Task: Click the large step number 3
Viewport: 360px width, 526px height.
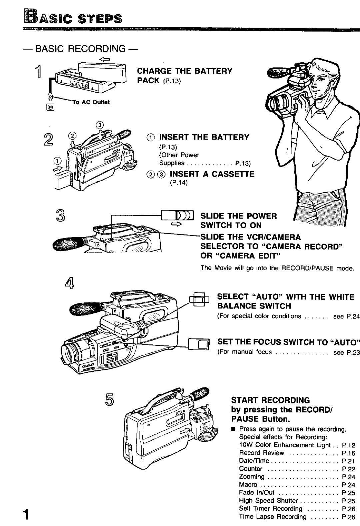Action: (x=60, y=215)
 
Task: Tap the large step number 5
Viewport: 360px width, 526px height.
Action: (x=110, y=399)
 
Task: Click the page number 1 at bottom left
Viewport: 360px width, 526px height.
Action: (x=26, y=514)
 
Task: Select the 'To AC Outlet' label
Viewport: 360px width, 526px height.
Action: (x=91, y=102)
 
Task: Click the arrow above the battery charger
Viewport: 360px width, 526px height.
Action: (x=104, y=59)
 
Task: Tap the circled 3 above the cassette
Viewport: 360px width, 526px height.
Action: (x=100, y=125)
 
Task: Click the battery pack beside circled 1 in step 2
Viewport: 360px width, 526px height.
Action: (x=63, y=180)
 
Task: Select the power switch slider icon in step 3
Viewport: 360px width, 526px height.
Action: (x=177, y=215)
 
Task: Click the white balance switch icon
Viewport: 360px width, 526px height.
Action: (x=199, y=299)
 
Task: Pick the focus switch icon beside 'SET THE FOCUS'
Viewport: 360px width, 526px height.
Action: (x=199, y=344)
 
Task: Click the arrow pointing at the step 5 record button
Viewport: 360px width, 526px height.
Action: (x=186, y=431)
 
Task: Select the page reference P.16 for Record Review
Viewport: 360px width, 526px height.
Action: (x=348, y=452)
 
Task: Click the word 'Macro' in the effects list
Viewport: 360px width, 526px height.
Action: (x=248, y=484)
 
